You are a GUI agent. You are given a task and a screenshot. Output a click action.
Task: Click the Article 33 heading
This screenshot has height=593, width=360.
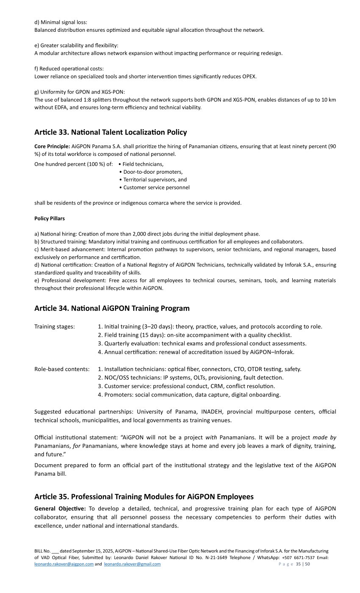coord(110,132)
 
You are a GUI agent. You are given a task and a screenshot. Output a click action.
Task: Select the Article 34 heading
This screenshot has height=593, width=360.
coord(112,308)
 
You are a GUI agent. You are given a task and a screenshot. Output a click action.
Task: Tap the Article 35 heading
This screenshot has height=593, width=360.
coord(144,496)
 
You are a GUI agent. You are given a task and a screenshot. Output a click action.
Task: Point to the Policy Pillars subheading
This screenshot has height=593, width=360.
coord(50,219)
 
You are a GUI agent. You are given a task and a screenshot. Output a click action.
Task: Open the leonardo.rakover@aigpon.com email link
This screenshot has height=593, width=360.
coord(64,564)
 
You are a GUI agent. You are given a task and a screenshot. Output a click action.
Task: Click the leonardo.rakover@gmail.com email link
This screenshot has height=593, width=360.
coord(132,564)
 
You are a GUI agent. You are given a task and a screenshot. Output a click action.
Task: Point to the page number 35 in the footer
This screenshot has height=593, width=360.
coord(298,564)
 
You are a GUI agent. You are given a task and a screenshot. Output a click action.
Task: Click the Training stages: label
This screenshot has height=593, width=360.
coord(55,327)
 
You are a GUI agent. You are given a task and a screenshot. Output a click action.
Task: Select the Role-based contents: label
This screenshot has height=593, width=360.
coord(62,369)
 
